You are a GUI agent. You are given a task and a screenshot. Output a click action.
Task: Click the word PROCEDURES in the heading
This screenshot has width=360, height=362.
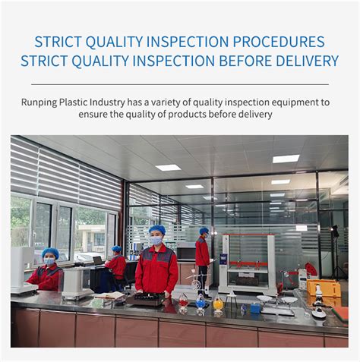coord(279,42)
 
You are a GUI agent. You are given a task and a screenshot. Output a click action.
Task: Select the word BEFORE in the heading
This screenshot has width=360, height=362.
coord(245,61)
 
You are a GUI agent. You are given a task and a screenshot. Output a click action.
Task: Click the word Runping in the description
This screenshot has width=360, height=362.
coord(39,102)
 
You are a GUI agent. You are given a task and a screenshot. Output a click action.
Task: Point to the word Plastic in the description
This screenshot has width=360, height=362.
coord(73,102)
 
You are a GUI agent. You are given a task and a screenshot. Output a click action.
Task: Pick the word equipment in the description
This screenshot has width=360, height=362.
coord(295,102)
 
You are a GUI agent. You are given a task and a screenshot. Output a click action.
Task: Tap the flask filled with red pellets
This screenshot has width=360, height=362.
coord(183,303)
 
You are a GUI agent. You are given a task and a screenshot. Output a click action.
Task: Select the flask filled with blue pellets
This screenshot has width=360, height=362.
coord(201,304)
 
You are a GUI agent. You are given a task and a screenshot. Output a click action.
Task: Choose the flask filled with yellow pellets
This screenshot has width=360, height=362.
coord(218,306)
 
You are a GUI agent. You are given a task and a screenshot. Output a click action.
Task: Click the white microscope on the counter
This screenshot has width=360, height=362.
coord(318,301)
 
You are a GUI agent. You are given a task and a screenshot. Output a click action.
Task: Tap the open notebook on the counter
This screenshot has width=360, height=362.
coord(110,295)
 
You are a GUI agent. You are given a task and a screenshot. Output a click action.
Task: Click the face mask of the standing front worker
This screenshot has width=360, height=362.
coord(156,241)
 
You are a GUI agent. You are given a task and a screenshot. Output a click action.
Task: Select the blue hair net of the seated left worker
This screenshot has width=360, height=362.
coord(50,253)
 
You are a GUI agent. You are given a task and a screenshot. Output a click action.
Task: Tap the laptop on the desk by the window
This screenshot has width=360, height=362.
coord(97,260)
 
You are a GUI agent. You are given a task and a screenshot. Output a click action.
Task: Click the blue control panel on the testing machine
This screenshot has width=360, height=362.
coord(223,259)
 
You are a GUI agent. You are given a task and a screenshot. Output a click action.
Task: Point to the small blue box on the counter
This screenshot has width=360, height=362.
coord(255,308)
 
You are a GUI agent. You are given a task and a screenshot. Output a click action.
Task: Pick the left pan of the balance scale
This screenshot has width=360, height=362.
coord(264,298)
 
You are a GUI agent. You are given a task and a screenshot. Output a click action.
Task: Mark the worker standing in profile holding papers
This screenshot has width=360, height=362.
coord(203,260)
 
